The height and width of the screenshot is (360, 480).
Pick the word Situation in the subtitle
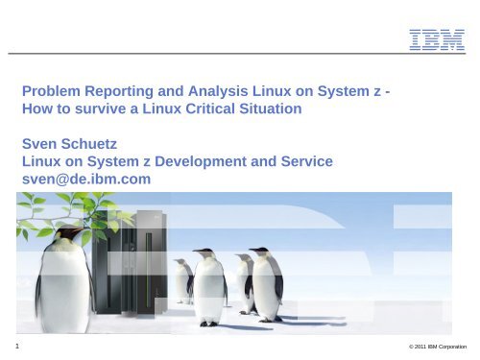(x=279, y=109)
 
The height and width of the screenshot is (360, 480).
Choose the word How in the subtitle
(x=36, y=109)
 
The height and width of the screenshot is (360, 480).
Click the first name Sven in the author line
(x=39, y=145)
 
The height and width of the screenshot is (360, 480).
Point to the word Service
(x=303, y=162)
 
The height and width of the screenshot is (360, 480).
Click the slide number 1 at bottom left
(x=6, y=343)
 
